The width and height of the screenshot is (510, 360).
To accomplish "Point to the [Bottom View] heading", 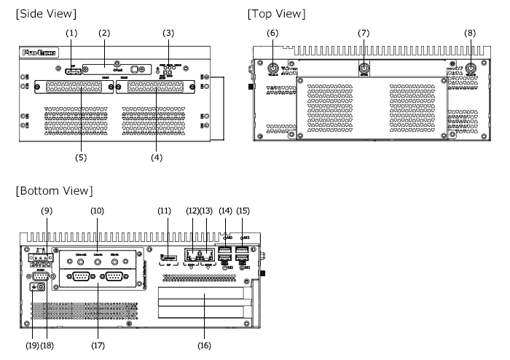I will (x=53, y=191).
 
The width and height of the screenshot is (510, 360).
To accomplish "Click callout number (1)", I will (x=71, y=33).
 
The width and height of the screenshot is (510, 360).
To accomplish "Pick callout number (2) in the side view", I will (x=104, y=33).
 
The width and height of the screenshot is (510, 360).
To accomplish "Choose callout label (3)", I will (x=168, y=33).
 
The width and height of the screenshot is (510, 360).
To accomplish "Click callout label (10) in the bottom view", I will (x=98, y=211).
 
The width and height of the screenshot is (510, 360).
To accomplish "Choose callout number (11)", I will (x=165, y=211).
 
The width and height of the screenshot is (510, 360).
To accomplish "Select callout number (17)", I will (x=98, y=345).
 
